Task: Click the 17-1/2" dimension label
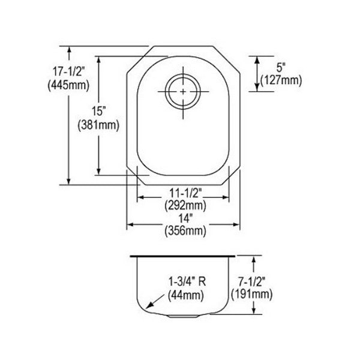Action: (x=69, y=71)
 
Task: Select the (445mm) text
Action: (x=68, y=85)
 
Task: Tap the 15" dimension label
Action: (x=99, y=112)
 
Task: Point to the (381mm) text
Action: (x=99, y=125)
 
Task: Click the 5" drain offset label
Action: (x=281, y=67)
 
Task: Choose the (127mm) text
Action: (x=281, y=80)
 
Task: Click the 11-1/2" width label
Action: (x=185, y=193)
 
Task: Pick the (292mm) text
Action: (x=185, y=205)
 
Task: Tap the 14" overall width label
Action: (x=185, y=218)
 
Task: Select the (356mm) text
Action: (x=185, y=231)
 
